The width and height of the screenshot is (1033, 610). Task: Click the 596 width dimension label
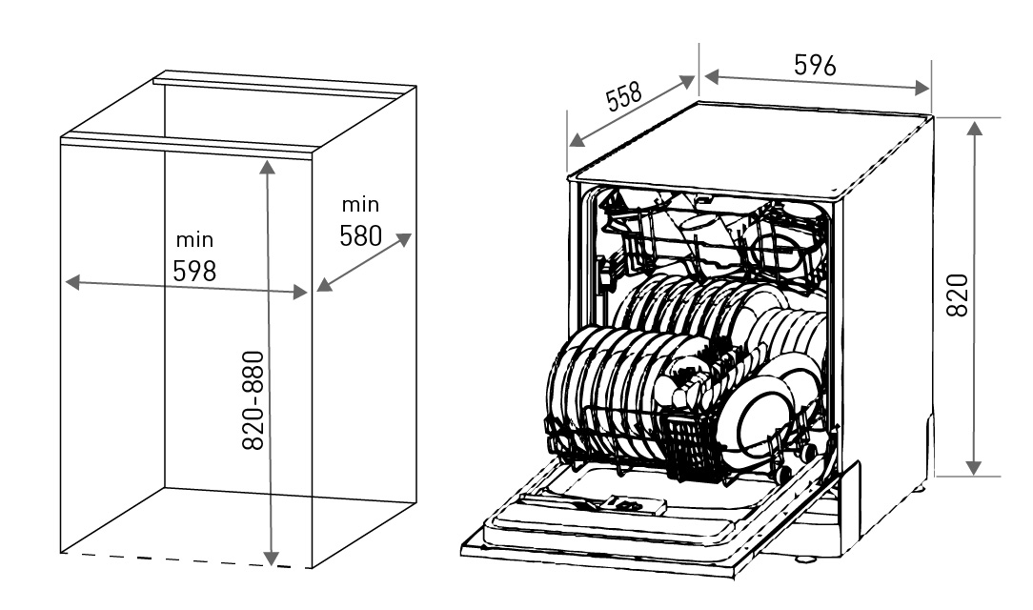pyautogui.click(x=815, y=65)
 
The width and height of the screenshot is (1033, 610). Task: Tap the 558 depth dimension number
pyautogui.click(x=623, y=96)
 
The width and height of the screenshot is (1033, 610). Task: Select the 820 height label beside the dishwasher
pyautogui.click(x=957, y=295)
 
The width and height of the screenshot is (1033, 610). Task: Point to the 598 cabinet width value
pyautogui.click(x=194, y=271)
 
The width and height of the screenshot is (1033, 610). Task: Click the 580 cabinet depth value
pyautogui.click(x=360, y=235)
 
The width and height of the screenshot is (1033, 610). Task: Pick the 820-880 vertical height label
pyautogui.click(x=253, y=400)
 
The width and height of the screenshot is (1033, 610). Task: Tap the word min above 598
pyautogui.click(x=194, y=239)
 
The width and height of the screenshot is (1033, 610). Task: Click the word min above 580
pyautogui.click(x=360, y=204)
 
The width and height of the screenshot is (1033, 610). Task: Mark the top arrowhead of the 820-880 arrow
pyautogui.click(x=267, y=167)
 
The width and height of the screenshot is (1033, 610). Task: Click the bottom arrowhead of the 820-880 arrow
pyautogui.click(x=271, y=559)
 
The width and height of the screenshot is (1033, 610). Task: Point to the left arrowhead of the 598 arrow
pyautogui.click(x=72, y=283)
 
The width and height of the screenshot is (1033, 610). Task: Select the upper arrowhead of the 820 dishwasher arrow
pyautogui.click(x=975, y=128)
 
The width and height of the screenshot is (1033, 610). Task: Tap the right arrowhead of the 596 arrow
pyautogui.click(x=922, y=88)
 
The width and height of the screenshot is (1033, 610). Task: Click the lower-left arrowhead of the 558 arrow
pyautogui.click(x=577, y=140)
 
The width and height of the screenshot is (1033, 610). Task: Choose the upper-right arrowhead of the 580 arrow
pyautogui.click(x=404, y=239)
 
